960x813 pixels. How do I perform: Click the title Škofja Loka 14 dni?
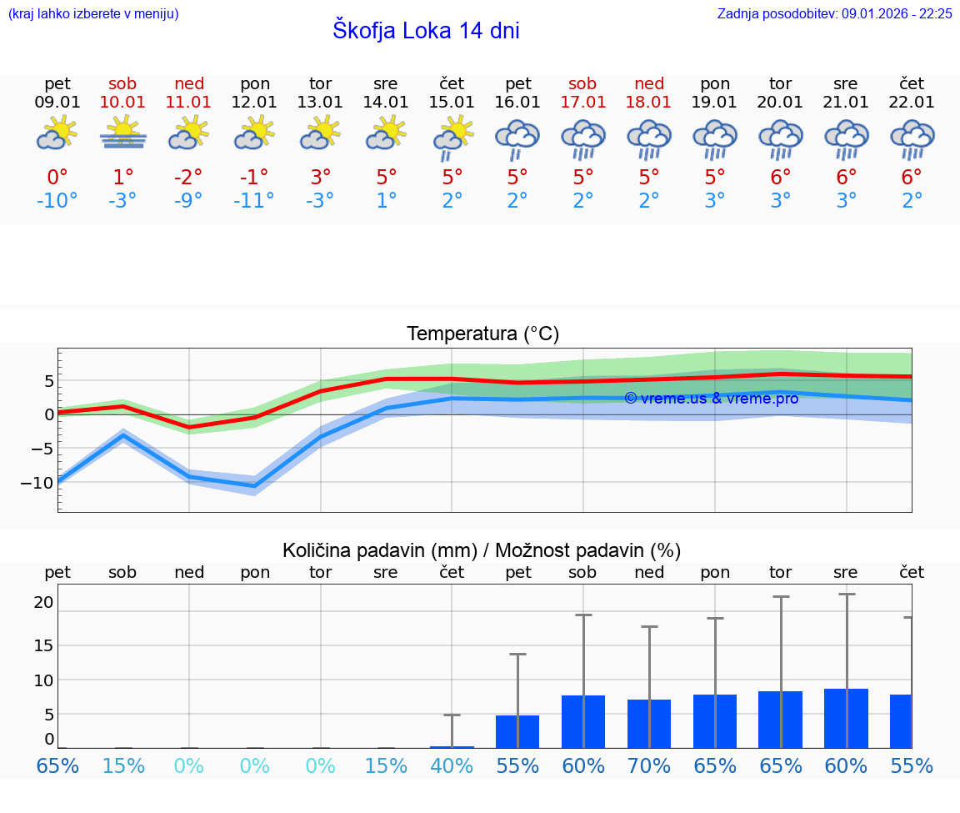click(x=426, y=31)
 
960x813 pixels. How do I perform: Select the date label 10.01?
click(x=122, y=103)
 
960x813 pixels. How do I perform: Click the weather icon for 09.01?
click(x=57, y=133)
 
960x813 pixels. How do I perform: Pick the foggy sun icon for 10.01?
click(x=122, y=133)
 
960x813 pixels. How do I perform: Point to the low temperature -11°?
click(x=254, y=201)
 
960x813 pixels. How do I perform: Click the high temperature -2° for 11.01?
click(x=188, y=177)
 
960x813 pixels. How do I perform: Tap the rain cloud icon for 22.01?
click(x=912, y=138)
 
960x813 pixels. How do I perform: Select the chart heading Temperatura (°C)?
click(x=482, y=334)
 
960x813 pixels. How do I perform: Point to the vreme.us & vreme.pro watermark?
click(x=711, y=399)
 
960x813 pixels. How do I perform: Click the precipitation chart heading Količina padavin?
click(x=482, y=550)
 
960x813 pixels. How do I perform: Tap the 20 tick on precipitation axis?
click(x=43, y=602)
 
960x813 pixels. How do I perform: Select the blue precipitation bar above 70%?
click(x=649, y=723)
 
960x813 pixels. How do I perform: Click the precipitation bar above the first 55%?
click(x=517, y=731)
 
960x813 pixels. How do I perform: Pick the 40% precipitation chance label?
click(x=452, y=765)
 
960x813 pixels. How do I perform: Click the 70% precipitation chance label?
click(x=649, y=765)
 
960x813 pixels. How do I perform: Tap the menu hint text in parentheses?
click(x=93, y=13)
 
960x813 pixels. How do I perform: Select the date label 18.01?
click(x=649, y=103)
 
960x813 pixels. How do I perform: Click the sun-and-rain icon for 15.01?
click(x=452, y=138)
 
